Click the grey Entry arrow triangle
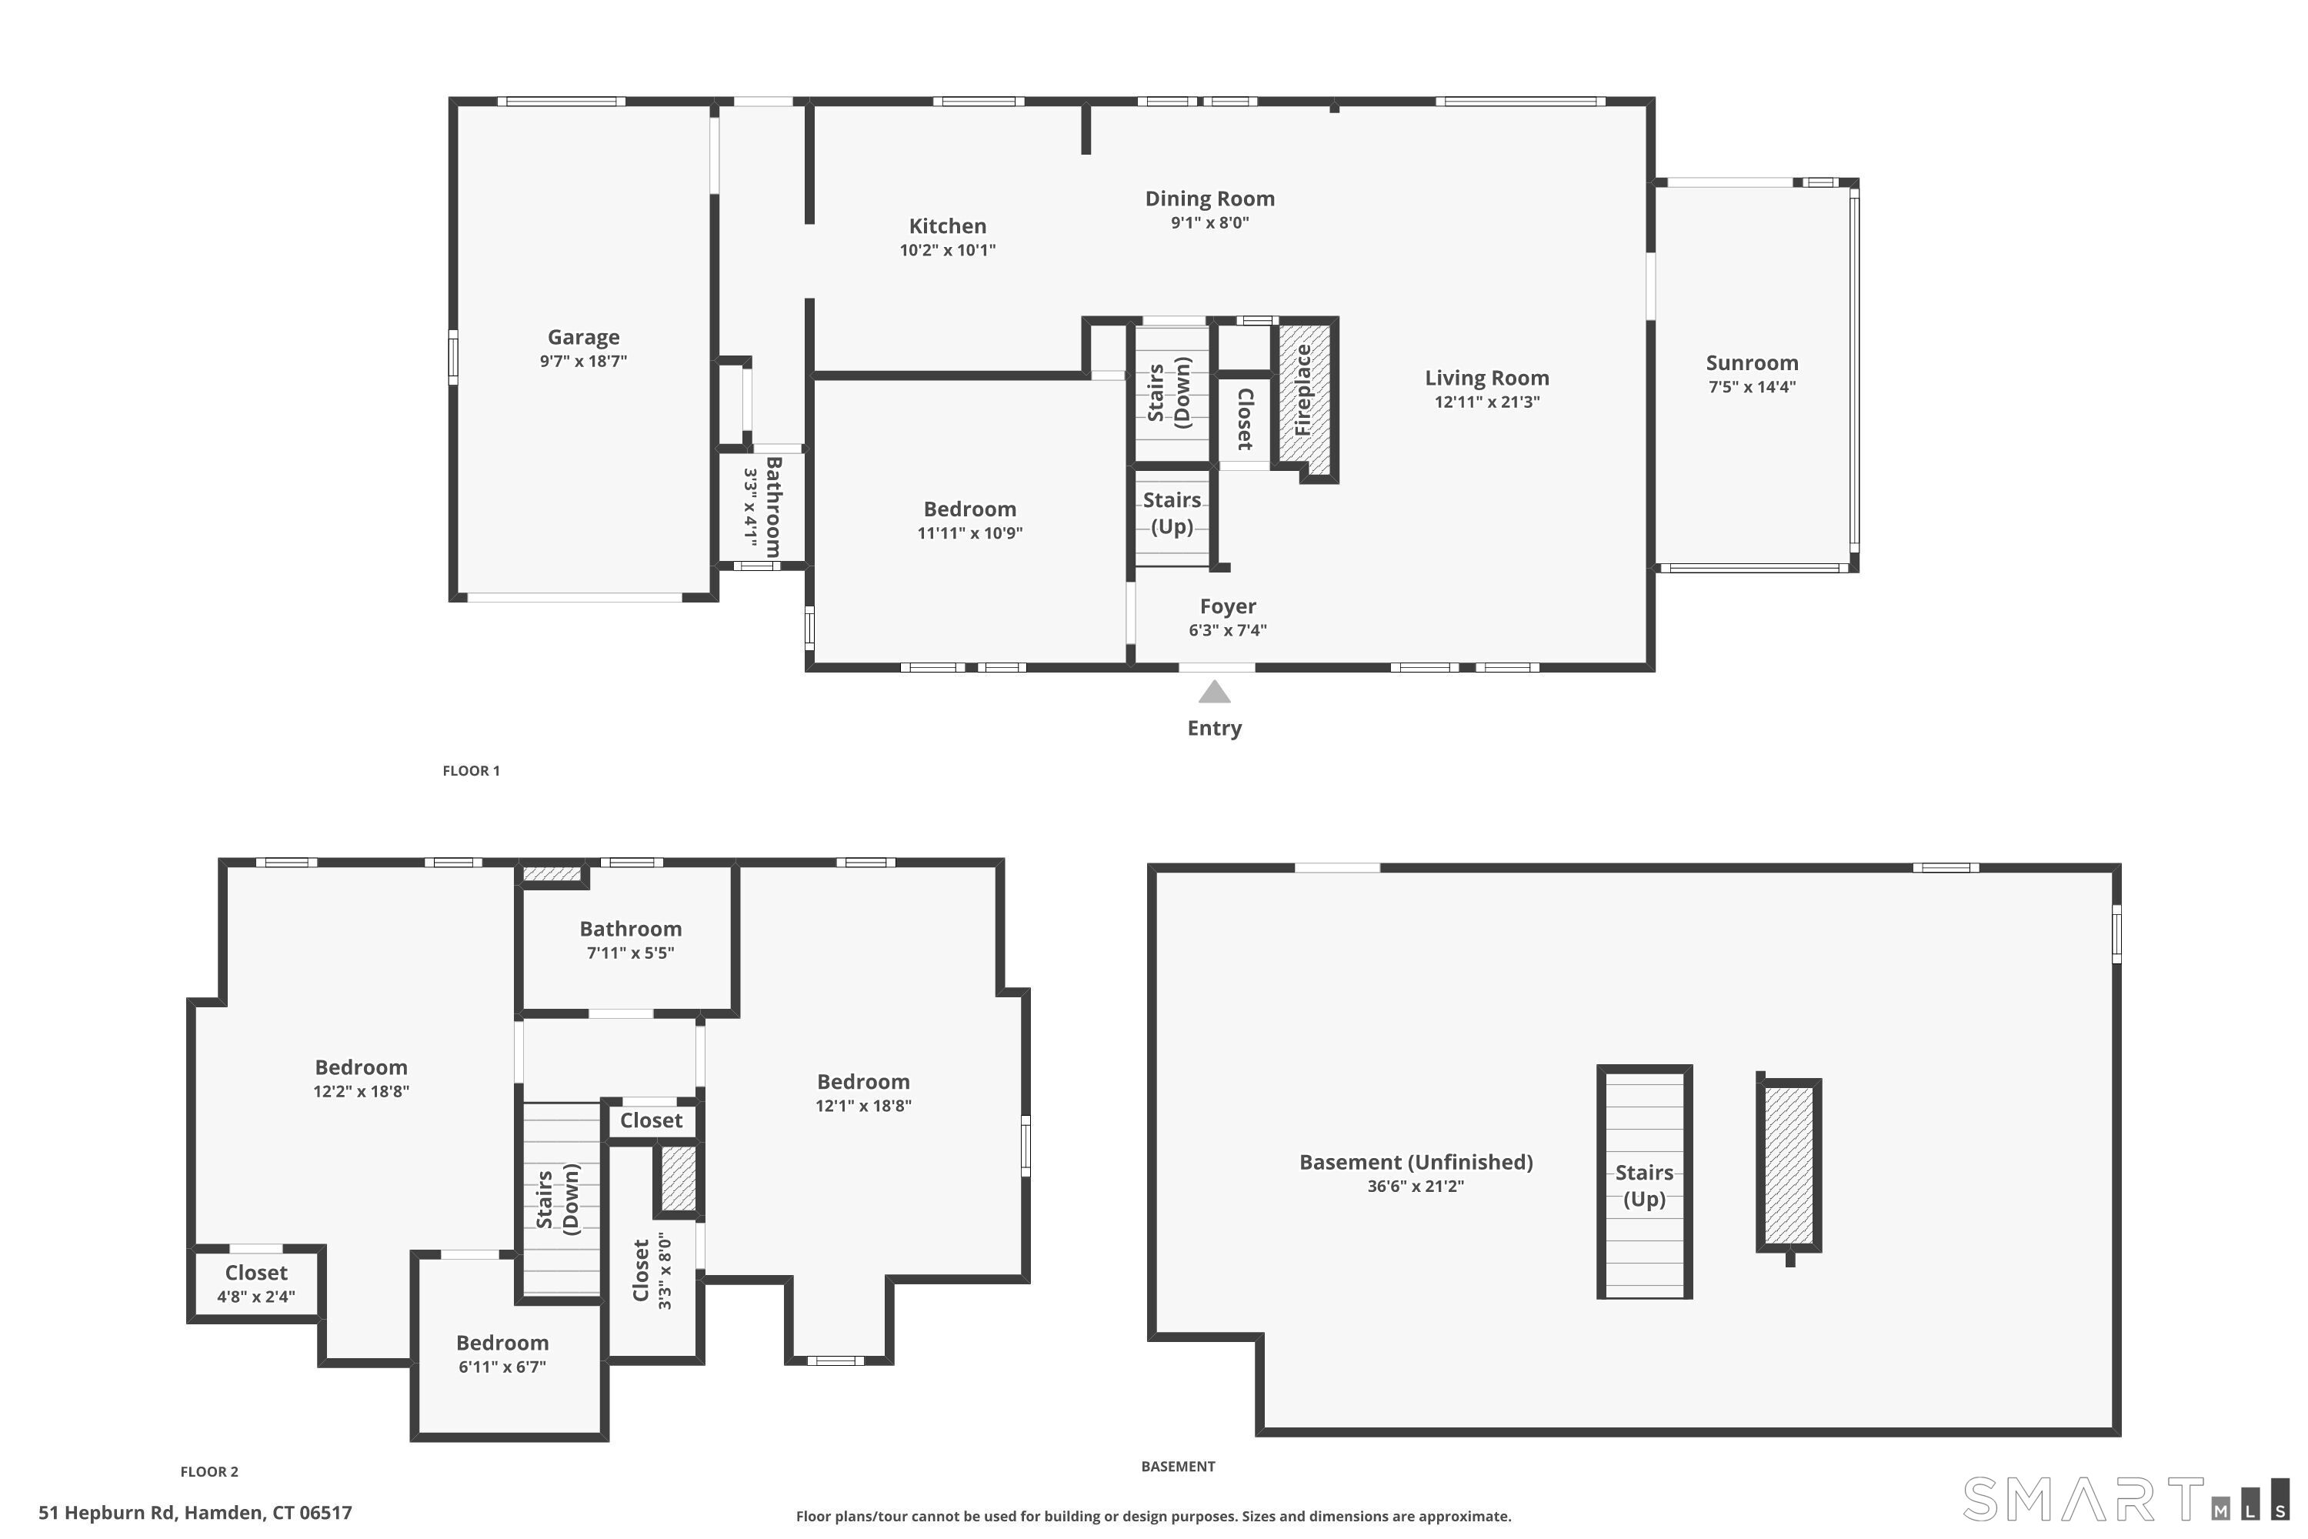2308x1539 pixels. tap(1214, 693)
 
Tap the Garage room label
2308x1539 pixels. tap(583, 338)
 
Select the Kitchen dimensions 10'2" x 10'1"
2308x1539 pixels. tap(947, 250)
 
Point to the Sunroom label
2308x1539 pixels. tap(1752, 363)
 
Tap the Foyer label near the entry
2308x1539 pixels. tap(1228, 606)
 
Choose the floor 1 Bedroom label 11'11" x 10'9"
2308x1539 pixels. tap(969, 509)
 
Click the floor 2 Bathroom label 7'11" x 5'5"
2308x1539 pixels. tap(630, 930)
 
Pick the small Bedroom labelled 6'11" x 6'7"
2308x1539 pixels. tap(502, 1343)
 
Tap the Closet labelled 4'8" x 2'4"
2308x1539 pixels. tap(256, 1273)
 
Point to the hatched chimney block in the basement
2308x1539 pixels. tap(1788, 1164)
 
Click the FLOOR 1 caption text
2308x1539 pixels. tap(471, 770)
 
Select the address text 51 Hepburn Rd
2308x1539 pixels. tap(195, 1513)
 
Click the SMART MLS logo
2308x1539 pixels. tap(2123, 1499)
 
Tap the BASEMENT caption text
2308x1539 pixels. tap(1178, 1467)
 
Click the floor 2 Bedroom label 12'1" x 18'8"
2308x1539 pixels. tap(862, 1082)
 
